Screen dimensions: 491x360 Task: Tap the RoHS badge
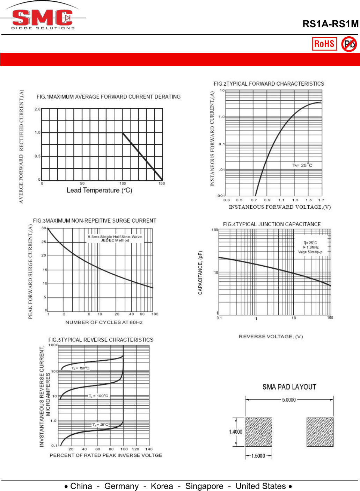324,44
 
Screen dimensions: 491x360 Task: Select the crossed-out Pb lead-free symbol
349,44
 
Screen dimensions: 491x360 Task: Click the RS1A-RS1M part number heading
330,24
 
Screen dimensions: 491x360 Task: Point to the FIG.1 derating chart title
109,97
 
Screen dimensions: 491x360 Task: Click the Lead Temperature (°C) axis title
100,190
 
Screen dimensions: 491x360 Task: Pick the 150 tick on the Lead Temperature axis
162,183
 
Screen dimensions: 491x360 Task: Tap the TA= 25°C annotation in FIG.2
302,165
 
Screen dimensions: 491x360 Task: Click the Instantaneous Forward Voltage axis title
280,207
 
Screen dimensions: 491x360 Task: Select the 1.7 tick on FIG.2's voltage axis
321,200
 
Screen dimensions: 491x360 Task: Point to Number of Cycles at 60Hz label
104,322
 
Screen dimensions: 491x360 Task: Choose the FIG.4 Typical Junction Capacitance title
272,224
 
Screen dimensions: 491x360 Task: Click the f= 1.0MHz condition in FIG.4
310,247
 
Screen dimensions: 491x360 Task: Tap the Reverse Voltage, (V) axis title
271,337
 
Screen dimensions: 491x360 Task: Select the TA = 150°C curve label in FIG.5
80,368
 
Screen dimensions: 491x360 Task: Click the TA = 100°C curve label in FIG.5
98,396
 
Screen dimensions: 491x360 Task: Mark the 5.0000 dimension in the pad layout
289,400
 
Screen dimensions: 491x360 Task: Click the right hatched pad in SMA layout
320,432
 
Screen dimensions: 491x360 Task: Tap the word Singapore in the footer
204,486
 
